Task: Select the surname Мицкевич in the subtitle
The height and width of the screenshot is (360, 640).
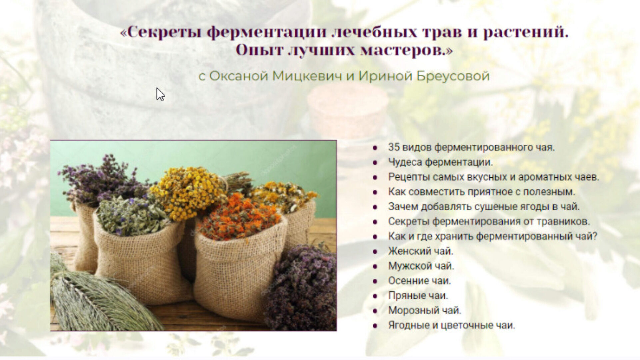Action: click(x=307, y=76)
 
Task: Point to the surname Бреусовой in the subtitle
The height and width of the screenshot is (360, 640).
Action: click(x=453, y=76)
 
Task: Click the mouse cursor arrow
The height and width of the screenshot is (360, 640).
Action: click(x=160, y=94)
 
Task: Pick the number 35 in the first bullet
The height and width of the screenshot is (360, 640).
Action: click(x=394, y=147)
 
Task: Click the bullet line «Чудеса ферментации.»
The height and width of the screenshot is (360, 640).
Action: click(x=440, y=162)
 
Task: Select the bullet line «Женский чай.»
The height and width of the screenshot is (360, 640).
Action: click(x=421, y=251)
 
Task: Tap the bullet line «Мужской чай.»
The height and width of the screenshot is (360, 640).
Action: click(x=421, y=266)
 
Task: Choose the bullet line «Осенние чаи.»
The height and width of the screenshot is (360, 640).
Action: click(x=419, y=281)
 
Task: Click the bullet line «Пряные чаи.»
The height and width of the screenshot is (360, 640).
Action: click(x=418, y=295)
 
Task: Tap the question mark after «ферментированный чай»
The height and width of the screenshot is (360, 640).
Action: click(x=594, y=236)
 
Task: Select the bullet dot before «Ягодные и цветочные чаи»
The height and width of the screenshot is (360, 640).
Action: click(x=375, y=326)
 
